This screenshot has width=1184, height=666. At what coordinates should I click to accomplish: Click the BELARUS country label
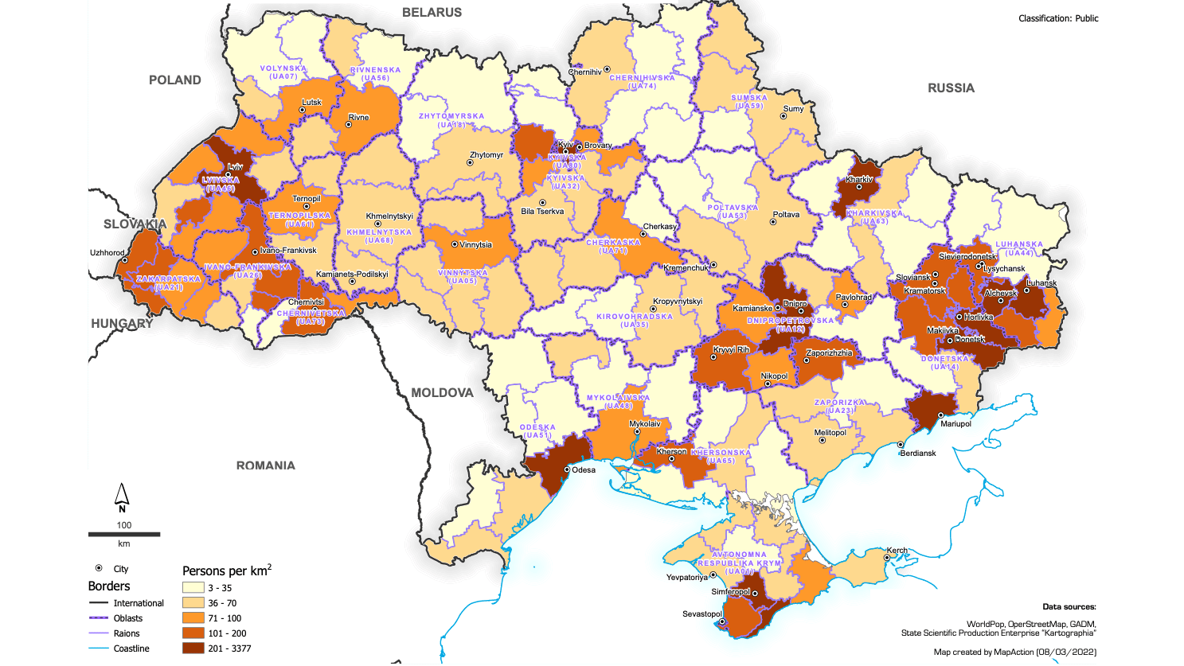pyautogui.click(x=432, y=13)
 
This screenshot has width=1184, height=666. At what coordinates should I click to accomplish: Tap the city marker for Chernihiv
pyautogui.click(x=607, y=70)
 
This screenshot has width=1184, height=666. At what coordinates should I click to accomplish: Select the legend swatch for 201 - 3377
pyautogui.click(x=193, y=648)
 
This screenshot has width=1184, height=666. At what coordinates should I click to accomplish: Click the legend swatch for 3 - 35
pyautogui.click(x=193, y=588)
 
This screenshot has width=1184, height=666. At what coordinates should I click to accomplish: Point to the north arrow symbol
pyautogui.click(x=122, y=497)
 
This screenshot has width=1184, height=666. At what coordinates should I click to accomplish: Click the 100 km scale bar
pyautogui.click(x=124, y=534)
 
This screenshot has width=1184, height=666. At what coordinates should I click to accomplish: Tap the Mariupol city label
pyautogui.click(x=955, y=424)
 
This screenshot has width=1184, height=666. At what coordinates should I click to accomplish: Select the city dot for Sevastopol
pyautogui.click(x=723, y=622)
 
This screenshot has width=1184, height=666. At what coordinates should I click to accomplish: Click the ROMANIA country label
pyautogui.click(x=265, y=465)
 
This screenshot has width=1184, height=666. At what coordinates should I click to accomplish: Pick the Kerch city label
pyautogui.click(x=897, y=551)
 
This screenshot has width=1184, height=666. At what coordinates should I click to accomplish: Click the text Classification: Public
pyautogui.click(x=1058, y=18)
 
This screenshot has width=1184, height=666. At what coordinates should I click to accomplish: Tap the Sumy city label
pyautogui.click(x=793, y=109)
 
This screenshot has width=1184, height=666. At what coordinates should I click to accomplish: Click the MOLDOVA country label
pyautogui.click(x=442, y=392)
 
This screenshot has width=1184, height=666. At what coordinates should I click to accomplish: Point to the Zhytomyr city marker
pyautogui.click(x=470, y=162)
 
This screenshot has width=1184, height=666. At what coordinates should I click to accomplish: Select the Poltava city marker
pyautogui.click(x=772, y=222)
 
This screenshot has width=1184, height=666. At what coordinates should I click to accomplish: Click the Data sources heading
pyautogui.click(x=1069, y=607)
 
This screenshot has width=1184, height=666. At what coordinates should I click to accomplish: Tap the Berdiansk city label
pyautogui.click(x=918, y=453)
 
